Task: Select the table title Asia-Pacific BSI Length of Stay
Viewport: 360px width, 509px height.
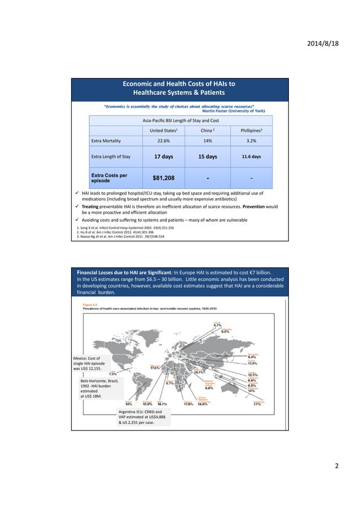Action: (181, 120)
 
